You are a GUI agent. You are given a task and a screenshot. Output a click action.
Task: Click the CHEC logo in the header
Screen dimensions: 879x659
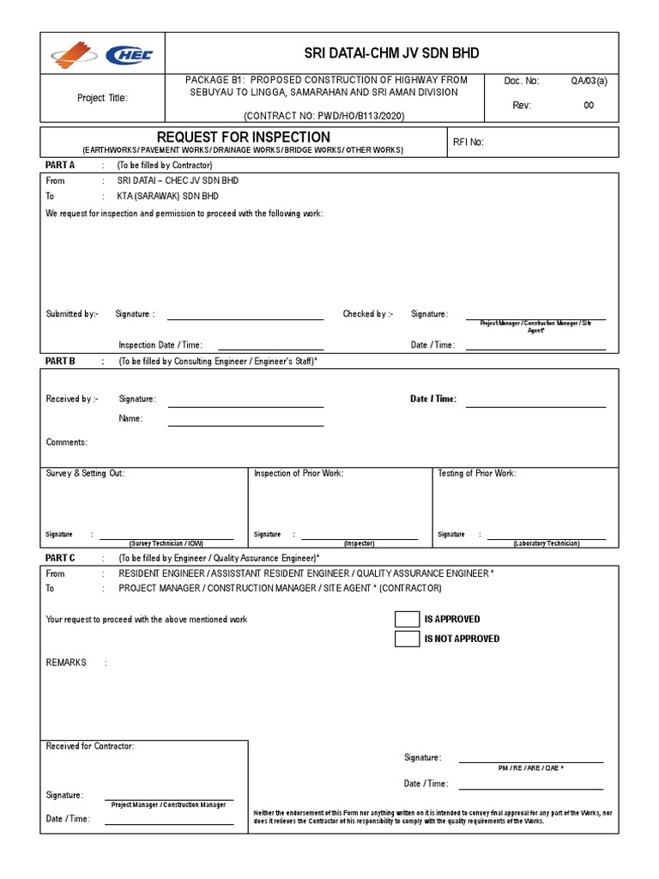[x=129, y=56]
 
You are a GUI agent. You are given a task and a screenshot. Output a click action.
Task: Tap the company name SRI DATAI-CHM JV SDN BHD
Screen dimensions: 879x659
[x=385, y=53]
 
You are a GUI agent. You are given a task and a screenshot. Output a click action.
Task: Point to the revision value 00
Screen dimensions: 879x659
[x=589, y=106]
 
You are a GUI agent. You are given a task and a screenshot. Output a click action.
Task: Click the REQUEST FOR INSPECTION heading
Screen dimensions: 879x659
[x=243, y=137]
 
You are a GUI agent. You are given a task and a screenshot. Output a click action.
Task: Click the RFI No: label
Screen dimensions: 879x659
[x=468, y=142]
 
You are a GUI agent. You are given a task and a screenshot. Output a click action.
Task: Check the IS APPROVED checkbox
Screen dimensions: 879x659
[x=407, y=619]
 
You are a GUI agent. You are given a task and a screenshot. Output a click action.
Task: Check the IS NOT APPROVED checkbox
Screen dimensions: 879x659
[x=407, y=639]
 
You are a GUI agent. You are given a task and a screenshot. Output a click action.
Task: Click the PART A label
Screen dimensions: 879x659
[x=60, y=165]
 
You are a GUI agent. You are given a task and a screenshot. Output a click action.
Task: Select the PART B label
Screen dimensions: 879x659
[x=60, y=361]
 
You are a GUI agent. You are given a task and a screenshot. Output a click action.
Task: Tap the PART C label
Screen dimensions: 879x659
[x=60, y=558]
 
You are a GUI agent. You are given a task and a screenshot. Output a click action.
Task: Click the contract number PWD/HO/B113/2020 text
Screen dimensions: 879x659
[x=324, y=115]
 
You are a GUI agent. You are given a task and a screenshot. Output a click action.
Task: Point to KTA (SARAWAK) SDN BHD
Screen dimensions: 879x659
[x=168, y=196]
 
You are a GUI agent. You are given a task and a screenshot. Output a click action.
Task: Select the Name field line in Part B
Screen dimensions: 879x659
[x=245, y=424]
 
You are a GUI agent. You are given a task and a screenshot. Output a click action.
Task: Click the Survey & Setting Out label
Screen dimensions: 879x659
[x=85, y=473]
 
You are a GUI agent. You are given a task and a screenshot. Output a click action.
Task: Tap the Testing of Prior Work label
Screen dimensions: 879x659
[x=477, y=473]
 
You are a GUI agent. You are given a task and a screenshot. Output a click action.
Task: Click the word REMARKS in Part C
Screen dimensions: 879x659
[x=66, y=663]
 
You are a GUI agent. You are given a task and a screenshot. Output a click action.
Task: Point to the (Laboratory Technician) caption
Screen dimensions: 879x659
[x=547, y=543]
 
